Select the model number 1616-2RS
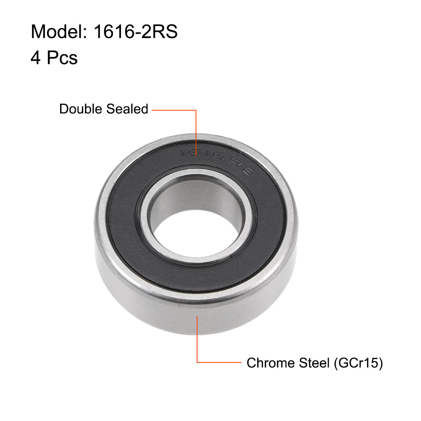tap(135, 31)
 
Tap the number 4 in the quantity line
tap(36, 58)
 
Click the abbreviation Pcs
tap(62, 58)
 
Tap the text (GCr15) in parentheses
tap(358, 363)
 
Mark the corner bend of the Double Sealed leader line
tap(196, 111)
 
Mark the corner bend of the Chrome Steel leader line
tap(197, 362)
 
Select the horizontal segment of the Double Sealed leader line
tap(174, 111)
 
